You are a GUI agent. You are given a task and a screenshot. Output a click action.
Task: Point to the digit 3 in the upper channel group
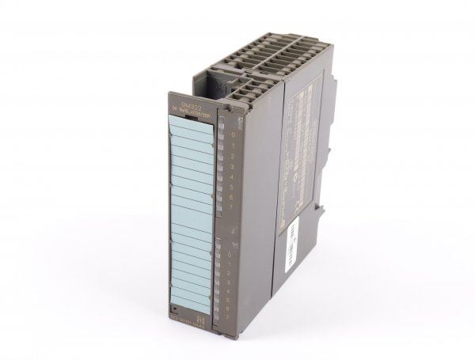[230, 168]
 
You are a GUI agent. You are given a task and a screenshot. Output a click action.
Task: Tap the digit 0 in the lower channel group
[230, 253]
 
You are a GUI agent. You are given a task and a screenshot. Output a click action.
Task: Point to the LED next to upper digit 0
[222, 135]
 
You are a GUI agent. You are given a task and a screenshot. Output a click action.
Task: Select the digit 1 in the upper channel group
[230, 145]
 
